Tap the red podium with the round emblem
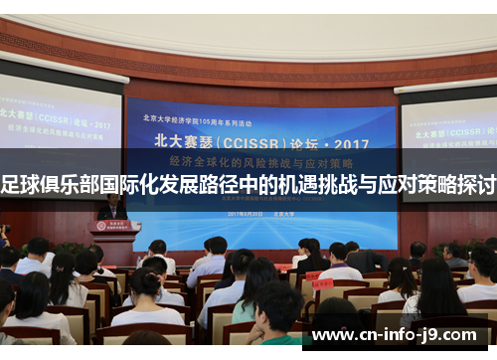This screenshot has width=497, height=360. click(x=115, y=238)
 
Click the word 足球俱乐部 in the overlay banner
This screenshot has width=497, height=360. click(x=41, y=186)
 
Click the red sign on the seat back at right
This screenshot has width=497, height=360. click(x=322, y=283)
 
